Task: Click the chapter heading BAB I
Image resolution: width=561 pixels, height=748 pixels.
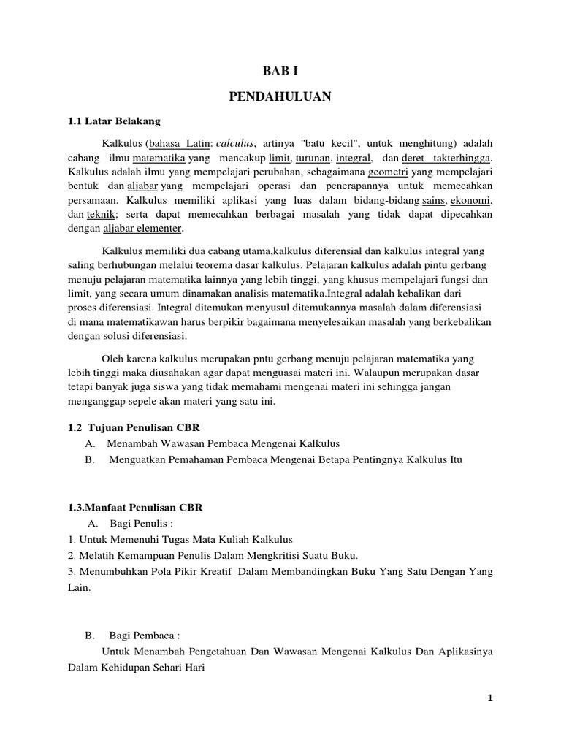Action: [x=280, y=72]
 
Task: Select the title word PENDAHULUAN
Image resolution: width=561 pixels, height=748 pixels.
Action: [x=280, y=96]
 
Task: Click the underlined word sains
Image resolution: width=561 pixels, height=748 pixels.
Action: [x=432, y=200]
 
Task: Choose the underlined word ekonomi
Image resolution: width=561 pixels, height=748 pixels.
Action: [x=471, y=200]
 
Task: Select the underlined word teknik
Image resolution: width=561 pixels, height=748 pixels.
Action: [x=99, y=214]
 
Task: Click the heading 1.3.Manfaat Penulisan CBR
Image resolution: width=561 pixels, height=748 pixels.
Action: [x=134, y=507]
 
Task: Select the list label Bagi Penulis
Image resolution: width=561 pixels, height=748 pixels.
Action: [x=139, y=524]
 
